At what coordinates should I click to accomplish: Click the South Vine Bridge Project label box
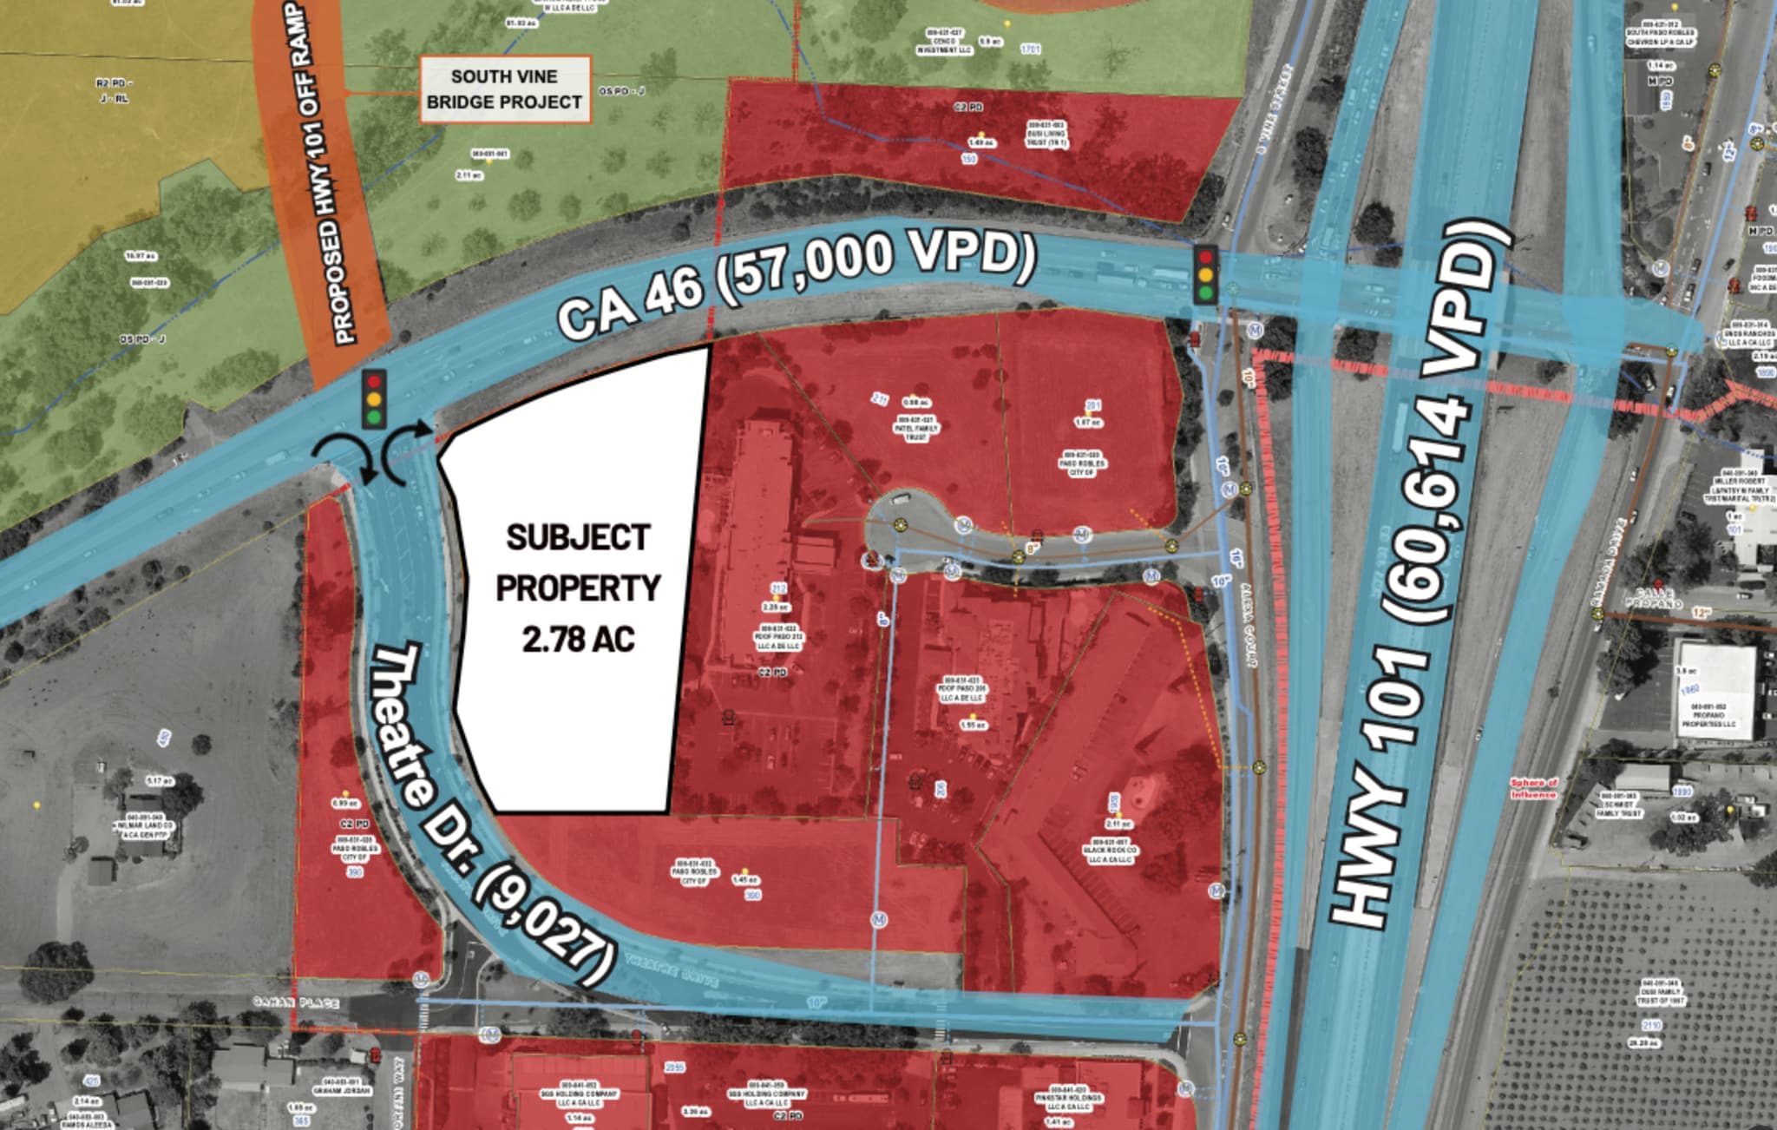504,89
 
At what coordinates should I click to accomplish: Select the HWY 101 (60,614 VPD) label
1423,573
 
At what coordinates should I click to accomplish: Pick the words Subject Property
578,562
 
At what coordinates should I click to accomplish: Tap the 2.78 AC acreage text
578,640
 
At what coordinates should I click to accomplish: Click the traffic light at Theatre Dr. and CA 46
374,399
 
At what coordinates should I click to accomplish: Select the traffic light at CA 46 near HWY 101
1205,275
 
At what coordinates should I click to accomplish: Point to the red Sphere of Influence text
1533,788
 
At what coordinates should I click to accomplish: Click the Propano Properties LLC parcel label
1708,715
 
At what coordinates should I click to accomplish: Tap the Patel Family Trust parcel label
916,429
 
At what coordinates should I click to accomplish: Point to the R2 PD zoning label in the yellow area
114,84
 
